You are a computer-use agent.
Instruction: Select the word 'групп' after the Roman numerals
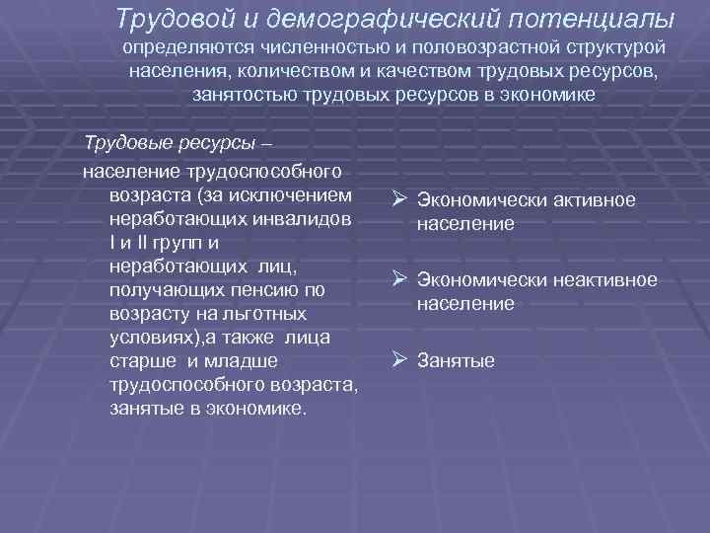coord(187,242)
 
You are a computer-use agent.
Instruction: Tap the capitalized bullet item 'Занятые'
coord(456,361)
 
